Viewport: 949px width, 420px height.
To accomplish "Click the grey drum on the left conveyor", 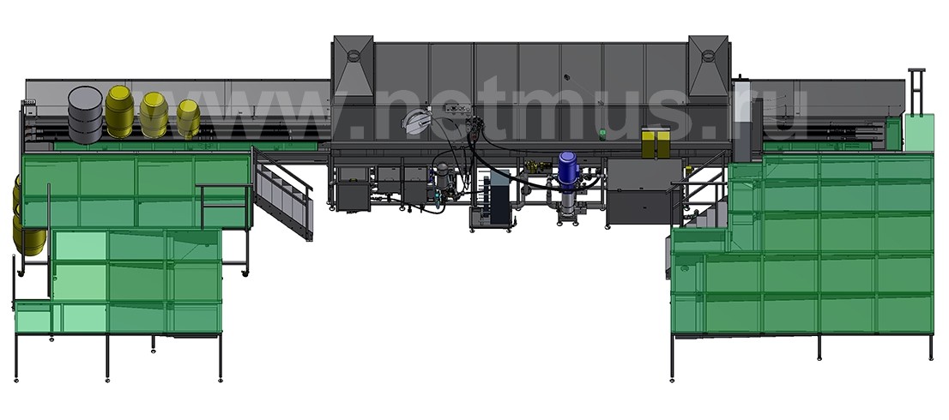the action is point(85,115).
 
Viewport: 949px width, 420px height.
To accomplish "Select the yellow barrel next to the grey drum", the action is point(119,111).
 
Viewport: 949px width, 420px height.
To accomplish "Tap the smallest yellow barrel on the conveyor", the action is point(188,118).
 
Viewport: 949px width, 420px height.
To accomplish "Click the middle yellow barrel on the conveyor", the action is point(154,115).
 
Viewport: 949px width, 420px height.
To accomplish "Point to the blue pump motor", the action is point(568,169).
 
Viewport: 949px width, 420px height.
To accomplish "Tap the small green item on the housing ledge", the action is point(602,135).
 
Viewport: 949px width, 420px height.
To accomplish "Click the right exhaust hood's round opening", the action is point(707,57).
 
